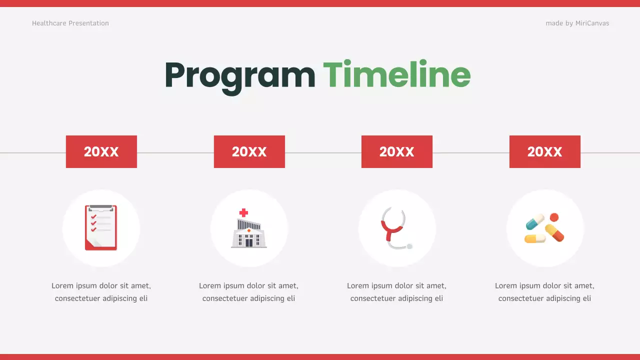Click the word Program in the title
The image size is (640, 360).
(239, 76)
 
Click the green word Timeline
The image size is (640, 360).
(396, 75)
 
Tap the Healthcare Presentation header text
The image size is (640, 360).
(70, 23)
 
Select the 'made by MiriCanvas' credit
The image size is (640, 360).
(577, 23)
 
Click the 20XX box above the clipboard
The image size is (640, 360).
(101, 151)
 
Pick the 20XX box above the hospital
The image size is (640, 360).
(249, 151)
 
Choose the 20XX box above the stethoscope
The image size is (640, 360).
(396, 151)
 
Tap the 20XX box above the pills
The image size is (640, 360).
(544, 151)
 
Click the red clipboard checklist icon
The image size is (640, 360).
(101, 227)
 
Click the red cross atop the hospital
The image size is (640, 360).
(243, 212)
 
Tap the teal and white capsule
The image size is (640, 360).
(534, 221)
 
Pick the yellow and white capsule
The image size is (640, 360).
(534, 238)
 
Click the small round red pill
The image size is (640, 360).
(554, 217)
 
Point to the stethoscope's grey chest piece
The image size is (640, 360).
(409, 246)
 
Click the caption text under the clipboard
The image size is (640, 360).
(101, 292)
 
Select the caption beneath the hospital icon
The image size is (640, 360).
(248, 292)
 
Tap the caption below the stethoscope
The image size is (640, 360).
(396, 292)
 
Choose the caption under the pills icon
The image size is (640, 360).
(544, 292)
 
